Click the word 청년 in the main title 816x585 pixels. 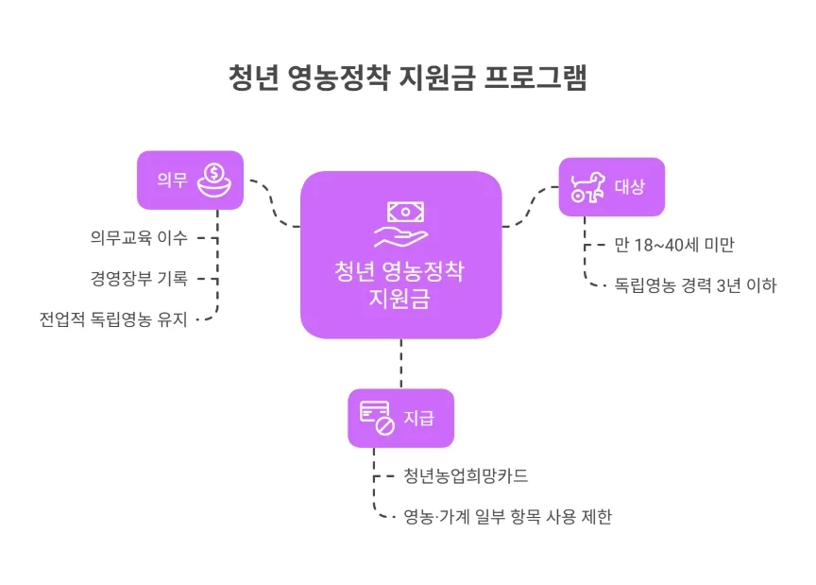click(x=253, y=77)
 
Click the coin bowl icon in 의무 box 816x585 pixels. click(x=214, y=180)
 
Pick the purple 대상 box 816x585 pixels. click(x=611, y=186)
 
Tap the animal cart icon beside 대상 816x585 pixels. click(x=586, y=186)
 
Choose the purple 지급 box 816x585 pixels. click(x=400, y=418)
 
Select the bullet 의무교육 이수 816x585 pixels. click(x=132, y=237)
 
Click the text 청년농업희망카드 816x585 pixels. click(x=465, y=476)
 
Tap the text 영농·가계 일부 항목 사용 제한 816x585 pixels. click(x=507, y=517)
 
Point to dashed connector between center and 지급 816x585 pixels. click(x=400, y=363)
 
